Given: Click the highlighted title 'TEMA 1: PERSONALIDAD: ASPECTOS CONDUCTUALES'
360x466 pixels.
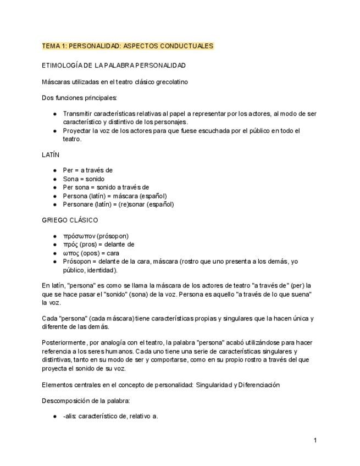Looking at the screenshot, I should (x=128, y=46).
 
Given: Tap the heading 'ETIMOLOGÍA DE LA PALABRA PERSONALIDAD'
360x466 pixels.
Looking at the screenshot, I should (x=114, y=65).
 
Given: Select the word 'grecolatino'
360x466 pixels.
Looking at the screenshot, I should (x=170, y=82).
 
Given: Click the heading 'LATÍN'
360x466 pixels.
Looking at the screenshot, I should (x=51, y=155).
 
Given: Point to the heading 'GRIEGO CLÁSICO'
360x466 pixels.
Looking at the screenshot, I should (x=70, y=220).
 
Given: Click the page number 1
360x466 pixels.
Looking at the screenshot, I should (x=315, y=440).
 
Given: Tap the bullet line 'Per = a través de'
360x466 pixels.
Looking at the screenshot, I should (x=87, y=170).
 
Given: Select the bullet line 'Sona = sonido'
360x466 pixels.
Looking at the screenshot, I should (x=84, y=179).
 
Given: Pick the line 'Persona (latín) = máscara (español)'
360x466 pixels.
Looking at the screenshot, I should (x=115, y=196).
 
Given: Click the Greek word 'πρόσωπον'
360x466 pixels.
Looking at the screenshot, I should (x=79, y=236).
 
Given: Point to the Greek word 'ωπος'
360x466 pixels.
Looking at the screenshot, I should (x=70, y=253).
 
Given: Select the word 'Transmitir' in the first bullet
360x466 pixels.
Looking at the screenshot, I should (x=79, y=114).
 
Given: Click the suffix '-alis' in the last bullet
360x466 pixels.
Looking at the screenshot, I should (x=69, y=416).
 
